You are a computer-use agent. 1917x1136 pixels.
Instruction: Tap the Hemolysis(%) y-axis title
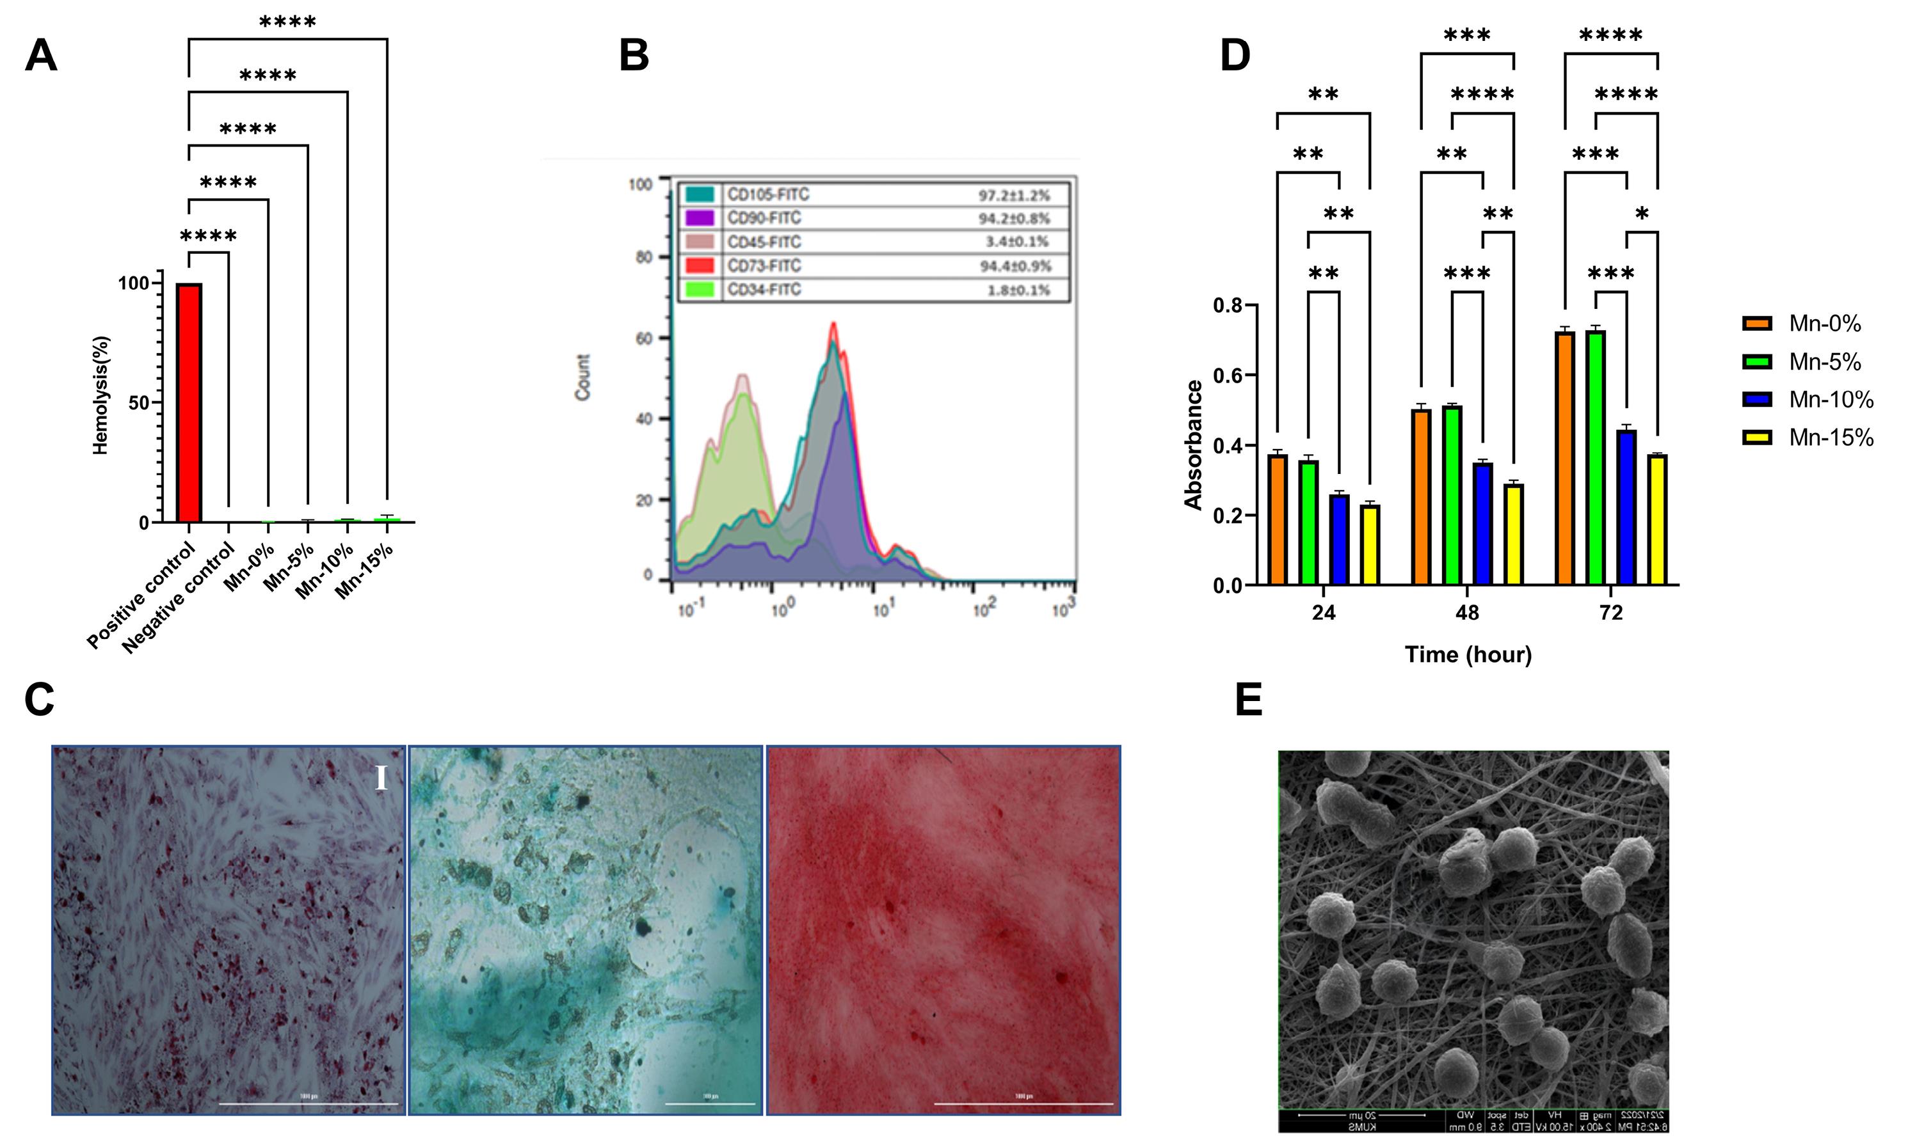101,395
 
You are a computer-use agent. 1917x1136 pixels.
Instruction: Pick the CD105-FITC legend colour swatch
699,194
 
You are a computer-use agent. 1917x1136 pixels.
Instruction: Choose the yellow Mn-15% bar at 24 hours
1369,544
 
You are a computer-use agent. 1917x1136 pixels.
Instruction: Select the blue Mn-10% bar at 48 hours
1483,524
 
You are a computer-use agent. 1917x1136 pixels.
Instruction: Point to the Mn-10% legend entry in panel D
1808,400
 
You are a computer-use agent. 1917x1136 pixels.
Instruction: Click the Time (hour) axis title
1468,654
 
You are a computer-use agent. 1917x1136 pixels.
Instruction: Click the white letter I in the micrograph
381,779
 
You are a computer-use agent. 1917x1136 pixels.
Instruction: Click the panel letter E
1248,700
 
